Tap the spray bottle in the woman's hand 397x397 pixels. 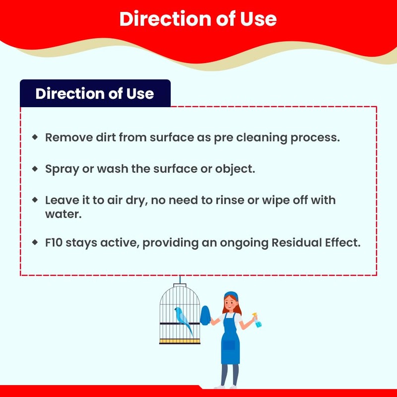(257, 320)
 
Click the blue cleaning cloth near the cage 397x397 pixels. (205, 316)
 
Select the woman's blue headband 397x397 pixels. (231, 295)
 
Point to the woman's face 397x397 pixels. (230, 303)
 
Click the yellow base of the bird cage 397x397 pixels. (180, 341)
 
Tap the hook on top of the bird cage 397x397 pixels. (180, 280)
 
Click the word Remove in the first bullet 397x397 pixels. (69, 137)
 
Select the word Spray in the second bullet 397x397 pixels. (62, 169)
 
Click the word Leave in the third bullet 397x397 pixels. (63, 200)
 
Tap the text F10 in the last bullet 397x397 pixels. (54, 243)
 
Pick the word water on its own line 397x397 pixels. (64, 214)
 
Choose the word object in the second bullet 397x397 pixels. (235, 169)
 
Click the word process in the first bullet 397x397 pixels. (315, 138)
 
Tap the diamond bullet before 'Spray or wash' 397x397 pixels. (35, 169)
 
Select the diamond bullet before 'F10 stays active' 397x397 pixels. (35, 242)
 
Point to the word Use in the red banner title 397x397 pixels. (258, 19)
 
